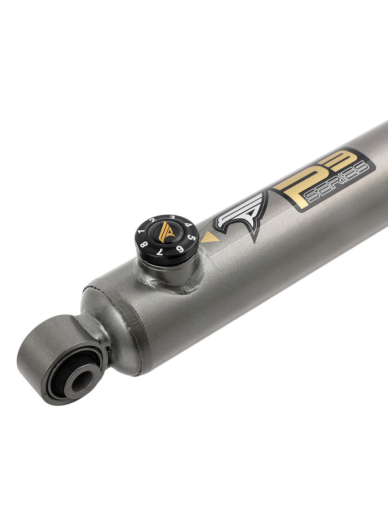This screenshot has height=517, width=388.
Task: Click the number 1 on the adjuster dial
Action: tap(141, 231)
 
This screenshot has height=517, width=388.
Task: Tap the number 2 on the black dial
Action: tap(152, 220)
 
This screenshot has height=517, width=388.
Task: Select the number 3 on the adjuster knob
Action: tap(172, 217)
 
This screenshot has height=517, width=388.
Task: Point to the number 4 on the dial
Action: tap(188, 225)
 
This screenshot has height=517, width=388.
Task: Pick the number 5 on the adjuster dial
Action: tap(192, 238)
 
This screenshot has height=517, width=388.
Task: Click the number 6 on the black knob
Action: tap(180, 249)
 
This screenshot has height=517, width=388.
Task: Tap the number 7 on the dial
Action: tap(159, 252)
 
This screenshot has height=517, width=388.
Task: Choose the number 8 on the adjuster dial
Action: tap(144, 244)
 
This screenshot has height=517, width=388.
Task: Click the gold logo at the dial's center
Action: tap(166, 232)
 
